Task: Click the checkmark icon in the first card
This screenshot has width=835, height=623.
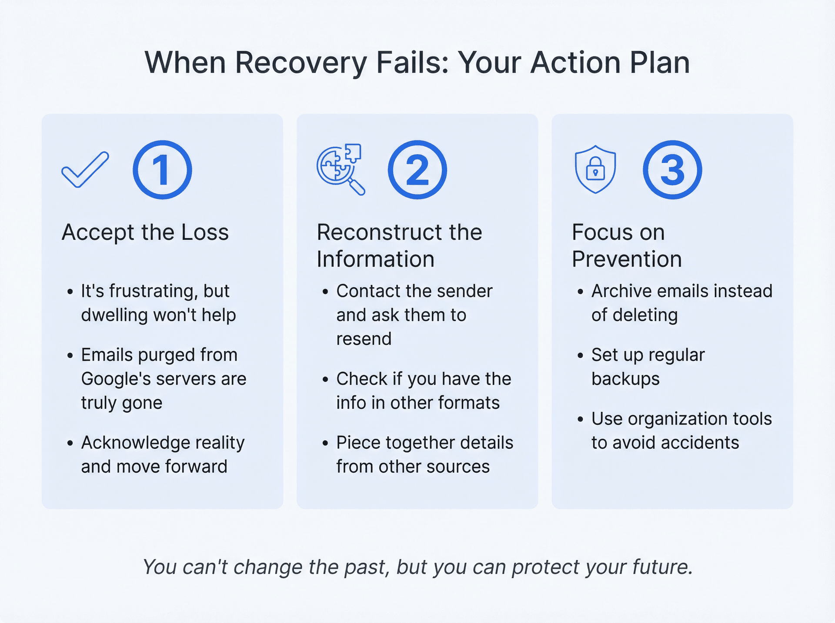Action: [85, 170]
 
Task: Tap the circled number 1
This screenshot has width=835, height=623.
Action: [162, 170]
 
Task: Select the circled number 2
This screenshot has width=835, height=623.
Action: [417, 170]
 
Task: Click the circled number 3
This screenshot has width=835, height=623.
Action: [672, 170]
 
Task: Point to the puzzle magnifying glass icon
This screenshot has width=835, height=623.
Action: [341, 169]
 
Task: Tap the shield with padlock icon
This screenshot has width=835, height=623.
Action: [595, 169]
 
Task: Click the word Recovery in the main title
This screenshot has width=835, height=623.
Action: [301, 63]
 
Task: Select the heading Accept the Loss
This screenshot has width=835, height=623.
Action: [145, 232]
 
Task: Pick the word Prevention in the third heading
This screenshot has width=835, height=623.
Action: [627, 259]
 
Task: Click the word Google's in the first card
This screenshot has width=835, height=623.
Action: [116, 379]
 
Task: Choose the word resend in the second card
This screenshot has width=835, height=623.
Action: [364, 339]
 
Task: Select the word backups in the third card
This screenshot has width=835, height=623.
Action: [625, 379]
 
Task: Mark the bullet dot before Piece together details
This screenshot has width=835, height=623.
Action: [325, 443]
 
